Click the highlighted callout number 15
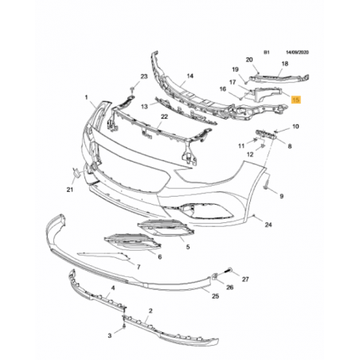point(295,100)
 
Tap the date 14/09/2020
point(297,53)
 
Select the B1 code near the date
point(267,53)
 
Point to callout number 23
point(143,76)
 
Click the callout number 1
point(86,98)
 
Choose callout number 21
point(69,190)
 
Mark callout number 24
point(268,225)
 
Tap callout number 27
point(245,279)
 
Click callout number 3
point(110,335)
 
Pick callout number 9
point(281,196)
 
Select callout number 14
point(190,76)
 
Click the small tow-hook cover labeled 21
point(76,173)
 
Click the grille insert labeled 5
point(166,228)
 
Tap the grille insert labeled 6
point(132,241)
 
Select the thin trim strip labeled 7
point(104,255)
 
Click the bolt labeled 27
point(229,270)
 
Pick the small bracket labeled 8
point(266,134)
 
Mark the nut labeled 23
point(132,88)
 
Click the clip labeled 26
point(215,276)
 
